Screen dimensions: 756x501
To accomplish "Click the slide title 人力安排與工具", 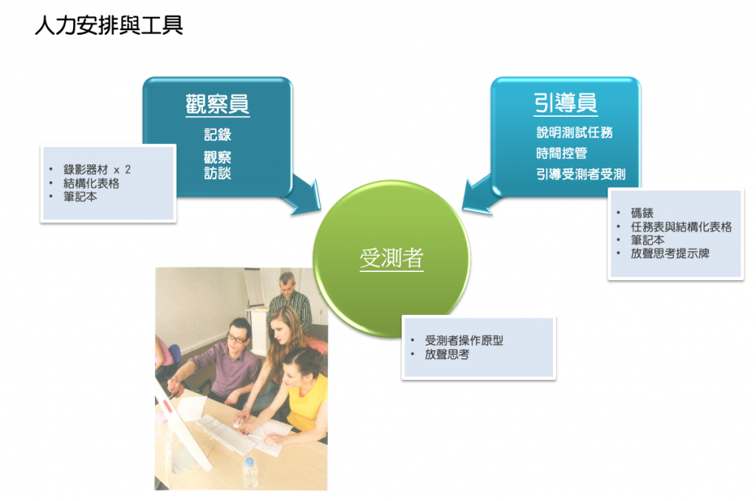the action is tap(109, 26).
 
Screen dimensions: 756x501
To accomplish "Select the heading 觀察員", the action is tap(218, 103).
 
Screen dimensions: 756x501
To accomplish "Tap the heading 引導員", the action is tap(566, 103).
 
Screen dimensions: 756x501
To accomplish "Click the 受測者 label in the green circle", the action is tap(391, 258).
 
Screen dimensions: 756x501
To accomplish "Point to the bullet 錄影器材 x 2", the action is tap(97, 169).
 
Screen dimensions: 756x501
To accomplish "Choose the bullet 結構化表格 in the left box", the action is tap(91, 183).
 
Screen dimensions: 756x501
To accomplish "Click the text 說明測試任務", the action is tap(574, 132).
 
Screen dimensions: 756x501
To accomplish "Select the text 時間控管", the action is tap(562, 154).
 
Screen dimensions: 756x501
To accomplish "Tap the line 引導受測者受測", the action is tap(581, 174).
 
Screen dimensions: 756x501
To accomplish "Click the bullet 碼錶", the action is tap(642, 213).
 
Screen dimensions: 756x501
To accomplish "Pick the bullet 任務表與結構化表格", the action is tap(681, 227).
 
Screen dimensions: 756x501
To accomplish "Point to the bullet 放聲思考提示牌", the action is tap(670, 253).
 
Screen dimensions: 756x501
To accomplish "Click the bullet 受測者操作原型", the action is tap(464, 340).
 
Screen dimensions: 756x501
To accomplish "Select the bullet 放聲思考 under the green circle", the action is tap(447, 354).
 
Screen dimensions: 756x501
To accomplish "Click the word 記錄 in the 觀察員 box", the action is tap(218, 134).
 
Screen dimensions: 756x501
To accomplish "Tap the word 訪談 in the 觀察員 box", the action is tap(218, 173).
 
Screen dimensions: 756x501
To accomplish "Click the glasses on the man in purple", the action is tap(237, 339).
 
